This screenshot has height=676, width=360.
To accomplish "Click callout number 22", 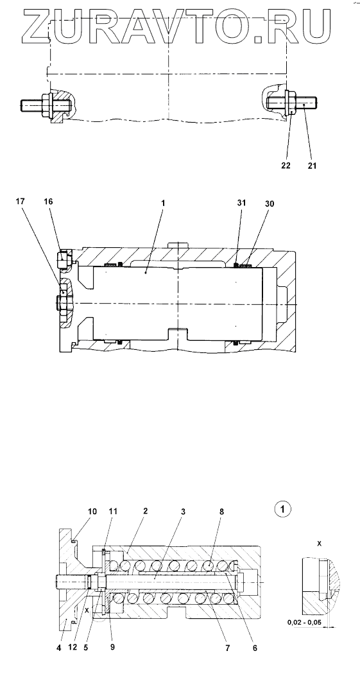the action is tap(286, 165).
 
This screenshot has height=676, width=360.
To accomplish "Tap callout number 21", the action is tap(312, 165).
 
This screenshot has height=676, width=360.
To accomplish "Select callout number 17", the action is tap(21, 201).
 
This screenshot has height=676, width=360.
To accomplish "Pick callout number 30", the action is tap(270, 202).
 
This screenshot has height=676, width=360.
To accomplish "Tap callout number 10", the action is tap(92, 511).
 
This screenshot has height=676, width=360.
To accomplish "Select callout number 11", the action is tap(113, 511).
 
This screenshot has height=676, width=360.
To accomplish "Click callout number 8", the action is tap(222, 511).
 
